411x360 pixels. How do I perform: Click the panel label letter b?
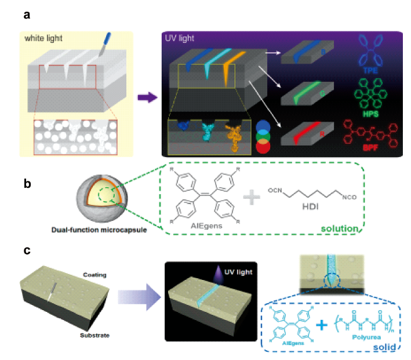(27, 185)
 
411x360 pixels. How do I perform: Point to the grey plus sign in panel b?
(251, 199)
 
